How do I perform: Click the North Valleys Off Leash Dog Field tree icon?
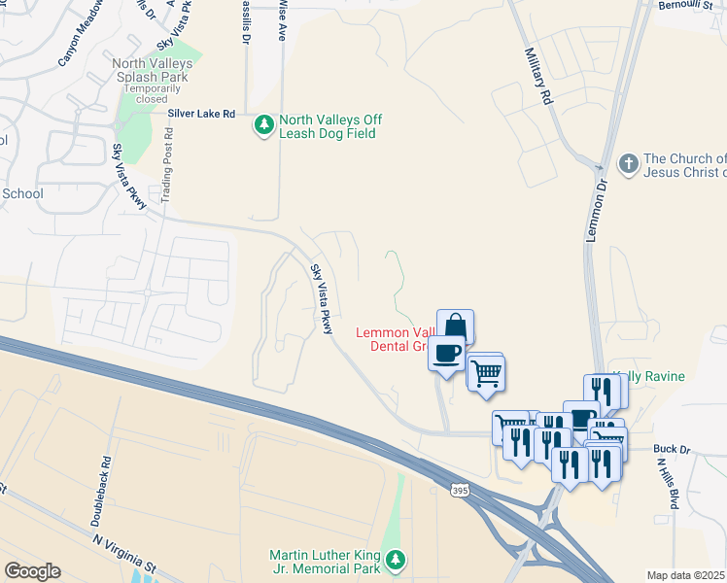point(263,125)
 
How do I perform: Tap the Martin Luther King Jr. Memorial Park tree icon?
point(396,559)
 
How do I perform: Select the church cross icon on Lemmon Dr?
point(629,164)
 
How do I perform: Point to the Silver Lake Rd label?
point(202,114)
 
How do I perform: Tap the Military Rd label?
point(537,77)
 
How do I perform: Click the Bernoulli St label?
point(692,6)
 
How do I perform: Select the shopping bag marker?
point(455,326)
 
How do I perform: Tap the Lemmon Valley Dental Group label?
point(393,339)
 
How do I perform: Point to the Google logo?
point(32,571)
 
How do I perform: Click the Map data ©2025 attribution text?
point(685,575)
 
